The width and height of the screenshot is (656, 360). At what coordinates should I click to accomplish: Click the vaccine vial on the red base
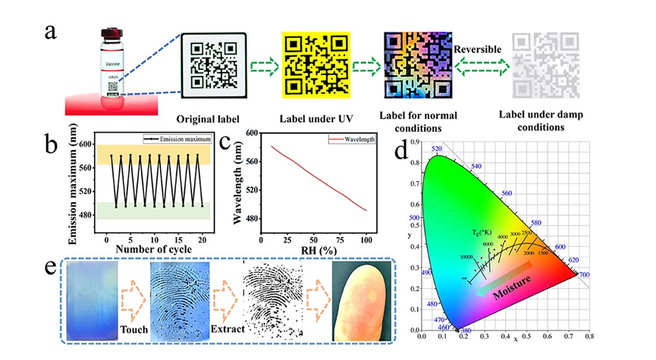(109, 69)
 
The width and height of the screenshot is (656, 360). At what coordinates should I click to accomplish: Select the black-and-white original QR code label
(215, 66)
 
